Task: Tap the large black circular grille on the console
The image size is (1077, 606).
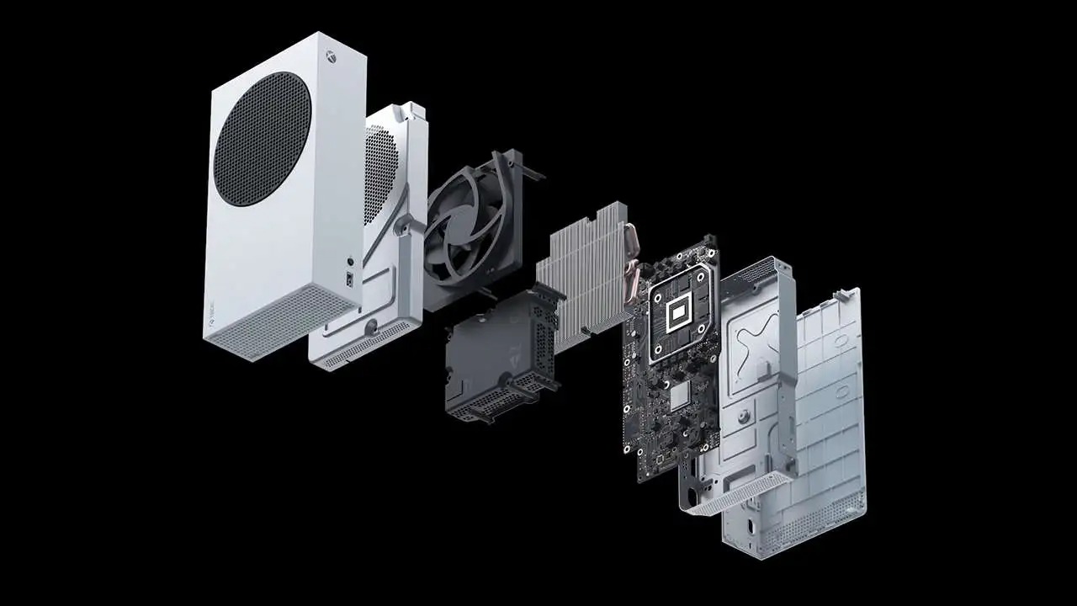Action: click(x=262, y=139)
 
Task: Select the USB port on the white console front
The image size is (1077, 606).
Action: click(x=348, y=278)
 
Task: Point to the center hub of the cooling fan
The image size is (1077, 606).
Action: click(x=464, y=227)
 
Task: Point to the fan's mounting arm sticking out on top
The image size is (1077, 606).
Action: click(x=530, y=173)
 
